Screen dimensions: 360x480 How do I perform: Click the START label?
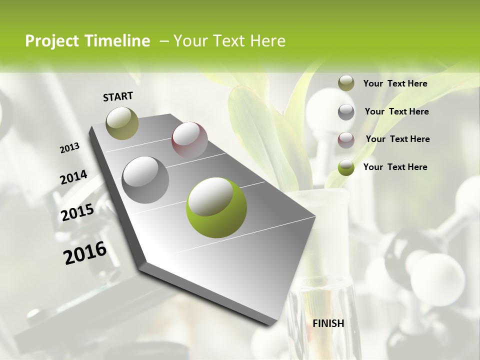tap(118, 96)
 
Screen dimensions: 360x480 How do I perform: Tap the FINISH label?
tap(328, 323)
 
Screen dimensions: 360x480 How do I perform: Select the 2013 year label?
tap(70, 148)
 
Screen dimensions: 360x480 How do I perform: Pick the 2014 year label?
tap(74, 177)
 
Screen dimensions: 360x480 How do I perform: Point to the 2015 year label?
tap(77, 212)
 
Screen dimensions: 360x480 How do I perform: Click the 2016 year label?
tap(85, 253)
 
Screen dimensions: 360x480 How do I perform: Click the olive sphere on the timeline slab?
tap(122, 123)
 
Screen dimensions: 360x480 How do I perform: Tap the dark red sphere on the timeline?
tap(189, 139)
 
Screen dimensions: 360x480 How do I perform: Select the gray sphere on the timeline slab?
tap(145, 179)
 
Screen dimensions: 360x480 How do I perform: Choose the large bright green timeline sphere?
tap(216, 207)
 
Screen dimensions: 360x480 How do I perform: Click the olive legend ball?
tap(346, 83)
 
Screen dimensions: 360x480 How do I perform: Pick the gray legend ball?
tap(346, 112)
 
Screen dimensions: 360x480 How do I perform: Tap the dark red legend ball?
tap(346, 139)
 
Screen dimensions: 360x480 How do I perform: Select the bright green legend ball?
tap(346, 167)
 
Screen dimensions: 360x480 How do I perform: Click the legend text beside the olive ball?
tap(395, 83)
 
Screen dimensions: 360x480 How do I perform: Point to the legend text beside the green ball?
tap(395, 167)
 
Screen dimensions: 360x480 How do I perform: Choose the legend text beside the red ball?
tap(398, 139)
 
